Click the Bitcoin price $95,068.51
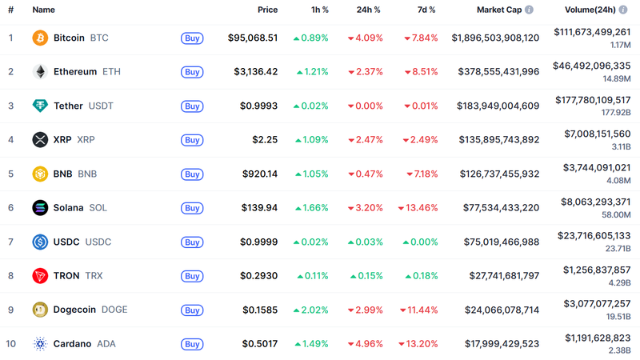(x=253, y=38)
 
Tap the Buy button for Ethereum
(x=192, y=72)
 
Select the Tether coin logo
(x=40, y=106)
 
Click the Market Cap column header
(x=499, y=10)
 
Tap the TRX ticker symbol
(x=94, y=276)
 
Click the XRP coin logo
(x=40, y=140)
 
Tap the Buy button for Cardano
(x=192, y=344)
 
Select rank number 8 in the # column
(x=10, y=276)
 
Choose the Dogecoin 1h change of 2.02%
(x=310, y=310)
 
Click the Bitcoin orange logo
(x=40, y=38)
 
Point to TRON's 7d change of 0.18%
(x=421, y=276)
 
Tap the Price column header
(x=267, y=10)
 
